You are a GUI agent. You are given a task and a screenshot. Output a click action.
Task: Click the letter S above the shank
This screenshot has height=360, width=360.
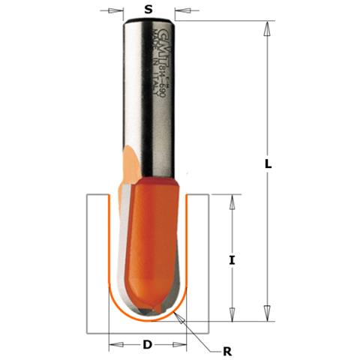coord(148,9)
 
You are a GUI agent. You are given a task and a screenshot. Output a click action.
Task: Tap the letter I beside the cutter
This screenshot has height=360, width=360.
coord(232,260)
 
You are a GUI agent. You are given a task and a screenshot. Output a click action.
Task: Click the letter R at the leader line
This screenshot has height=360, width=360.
coord(226,349)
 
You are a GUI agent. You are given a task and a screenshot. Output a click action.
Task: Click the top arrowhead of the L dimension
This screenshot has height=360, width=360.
coord(266,26)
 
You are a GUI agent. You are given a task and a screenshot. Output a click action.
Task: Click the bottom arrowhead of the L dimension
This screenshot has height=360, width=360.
coord(266,316)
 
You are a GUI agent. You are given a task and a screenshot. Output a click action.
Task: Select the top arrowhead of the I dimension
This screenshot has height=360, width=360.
coord(232,201)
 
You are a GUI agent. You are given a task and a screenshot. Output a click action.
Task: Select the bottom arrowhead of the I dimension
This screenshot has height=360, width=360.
coord(232,316)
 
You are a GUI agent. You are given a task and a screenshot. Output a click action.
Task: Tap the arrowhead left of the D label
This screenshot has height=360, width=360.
coord(115,345)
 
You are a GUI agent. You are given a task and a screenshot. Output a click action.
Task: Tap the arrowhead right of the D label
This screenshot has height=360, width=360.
coord(182,345)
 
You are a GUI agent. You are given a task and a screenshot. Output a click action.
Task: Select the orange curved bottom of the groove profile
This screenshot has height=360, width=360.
coord(148,320)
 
